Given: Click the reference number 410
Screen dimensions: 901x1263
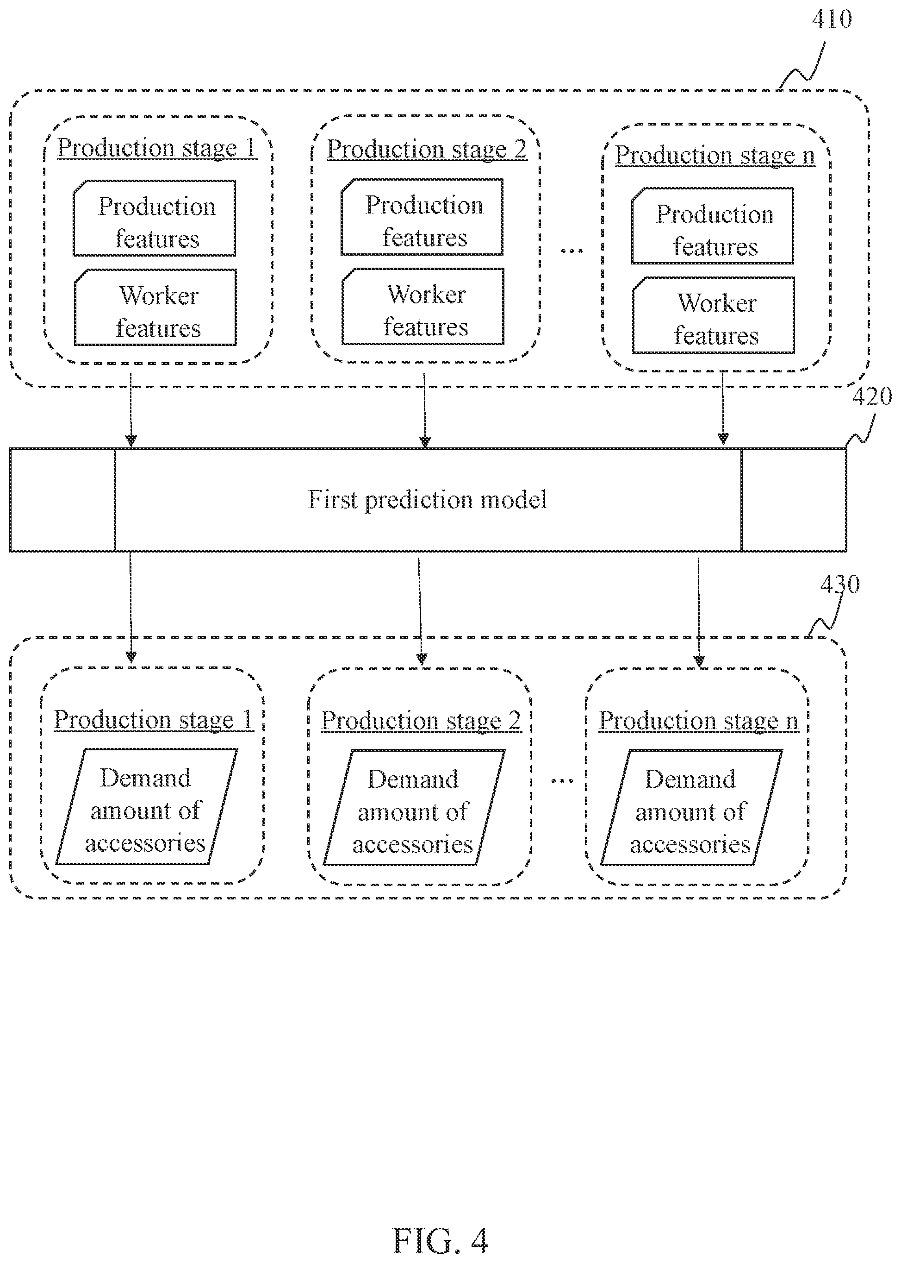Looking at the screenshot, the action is pyautogui.click(x=832, y=19).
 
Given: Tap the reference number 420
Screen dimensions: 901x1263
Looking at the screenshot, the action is pyautogui.click(x=871, y=397).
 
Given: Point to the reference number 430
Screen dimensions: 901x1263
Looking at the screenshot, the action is pyautogui.click(x=840, y=584).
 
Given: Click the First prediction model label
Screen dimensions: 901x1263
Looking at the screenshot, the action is pyautogui.click(x=427, y=500).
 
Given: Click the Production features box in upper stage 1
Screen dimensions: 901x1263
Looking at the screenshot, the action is pyautogui.click(x=155, y=218).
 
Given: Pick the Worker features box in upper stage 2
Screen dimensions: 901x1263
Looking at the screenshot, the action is pyautogui.click(x=423, y=307).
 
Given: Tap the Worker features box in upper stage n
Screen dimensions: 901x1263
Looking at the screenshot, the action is pyautogui.click(x=714, y=315).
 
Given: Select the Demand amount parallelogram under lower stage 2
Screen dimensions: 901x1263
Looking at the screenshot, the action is pyautogui.click(x=414, y=807).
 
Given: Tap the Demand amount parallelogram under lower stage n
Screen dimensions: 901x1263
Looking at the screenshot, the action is pyautogui.click(x=691, y=807).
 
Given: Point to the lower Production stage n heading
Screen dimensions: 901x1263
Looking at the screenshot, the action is pyautogui.click(x=698, y=721).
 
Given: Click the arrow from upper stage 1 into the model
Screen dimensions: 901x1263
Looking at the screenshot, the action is pyautogui.click(x=131, y=410).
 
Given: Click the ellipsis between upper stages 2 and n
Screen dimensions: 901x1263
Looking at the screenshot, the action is pyautogui.click(x=572, y=251).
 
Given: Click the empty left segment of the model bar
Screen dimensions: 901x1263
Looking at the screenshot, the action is pyautogui.click(x=62, y=500).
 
